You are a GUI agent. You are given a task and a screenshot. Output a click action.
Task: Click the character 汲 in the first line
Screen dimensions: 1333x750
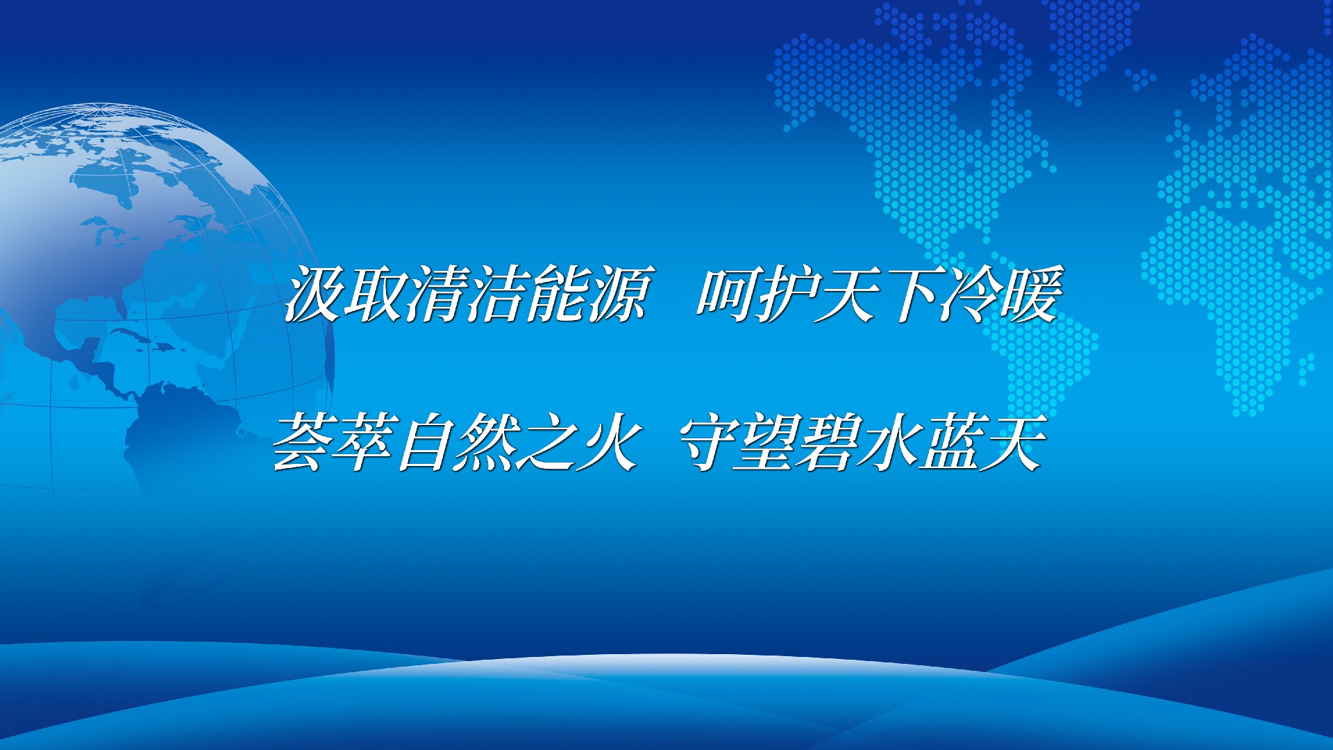coord(313,294)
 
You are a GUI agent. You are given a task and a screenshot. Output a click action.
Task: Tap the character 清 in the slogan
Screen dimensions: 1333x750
coord(435,294)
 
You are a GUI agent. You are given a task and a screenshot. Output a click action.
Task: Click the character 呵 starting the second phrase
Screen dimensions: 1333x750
coord(727,294)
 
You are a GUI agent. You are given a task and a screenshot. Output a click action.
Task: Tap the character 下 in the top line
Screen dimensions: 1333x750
coord(909,294)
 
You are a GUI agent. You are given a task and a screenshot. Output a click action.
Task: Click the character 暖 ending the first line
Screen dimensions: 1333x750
coord(1030,294)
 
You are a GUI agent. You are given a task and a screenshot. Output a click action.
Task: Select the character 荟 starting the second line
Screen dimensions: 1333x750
coord(302,442)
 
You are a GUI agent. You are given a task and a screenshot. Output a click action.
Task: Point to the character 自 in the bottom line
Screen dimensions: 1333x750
coord(424,442)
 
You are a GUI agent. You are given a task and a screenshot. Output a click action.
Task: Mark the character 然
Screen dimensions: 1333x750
coord(484,442)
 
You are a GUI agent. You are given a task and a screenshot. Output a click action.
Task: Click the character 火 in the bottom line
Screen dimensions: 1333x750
coord(605,442)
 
